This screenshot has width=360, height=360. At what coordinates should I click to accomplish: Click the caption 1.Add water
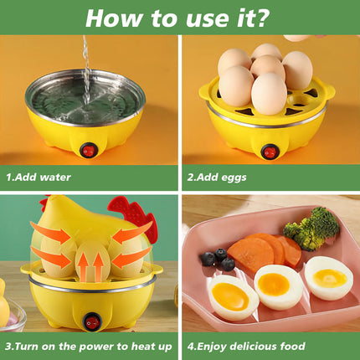(39, 177)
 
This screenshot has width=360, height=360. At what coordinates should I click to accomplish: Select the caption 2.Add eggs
(217, 177)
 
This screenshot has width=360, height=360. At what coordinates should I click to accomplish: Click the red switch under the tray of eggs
(269, 152)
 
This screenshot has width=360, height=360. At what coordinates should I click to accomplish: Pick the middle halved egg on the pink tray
(278, 287)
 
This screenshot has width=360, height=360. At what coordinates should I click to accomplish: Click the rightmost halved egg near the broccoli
(328, 278)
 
